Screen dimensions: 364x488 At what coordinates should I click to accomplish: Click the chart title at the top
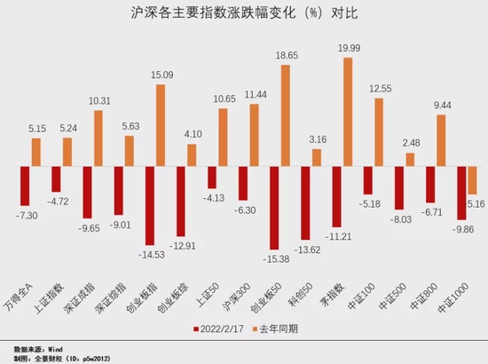coord(244,15)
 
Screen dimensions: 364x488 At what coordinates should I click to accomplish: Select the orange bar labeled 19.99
coord(348,112)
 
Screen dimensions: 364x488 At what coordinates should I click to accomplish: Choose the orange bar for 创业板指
coord(161,125)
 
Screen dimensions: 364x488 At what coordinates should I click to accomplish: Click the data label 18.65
coord(286,56)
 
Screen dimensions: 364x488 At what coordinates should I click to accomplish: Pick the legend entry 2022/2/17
coord(219,328)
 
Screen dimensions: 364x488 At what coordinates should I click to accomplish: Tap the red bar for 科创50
coord(305,202)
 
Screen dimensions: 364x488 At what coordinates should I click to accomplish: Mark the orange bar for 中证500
coord(410,160)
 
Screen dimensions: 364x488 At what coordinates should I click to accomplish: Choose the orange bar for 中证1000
coord(472,180)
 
